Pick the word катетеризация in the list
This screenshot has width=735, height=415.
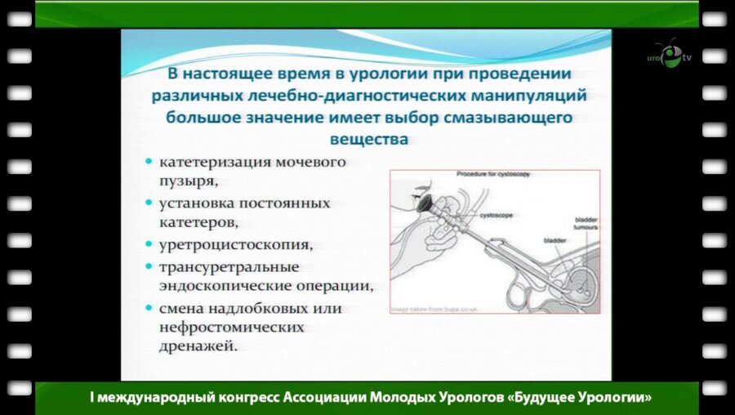(x=211, y=162)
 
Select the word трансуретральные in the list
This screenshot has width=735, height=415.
(x=229, y=267)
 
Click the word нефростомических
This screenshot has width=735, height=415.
(x=232, y=328)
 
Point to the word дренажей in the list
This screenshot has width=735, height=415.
(x=199, y=347)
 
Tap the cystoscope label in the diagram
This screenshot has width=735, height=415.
(x=495, y=215)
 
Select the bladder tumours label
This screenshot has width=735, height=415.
(x=586, y=224)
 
